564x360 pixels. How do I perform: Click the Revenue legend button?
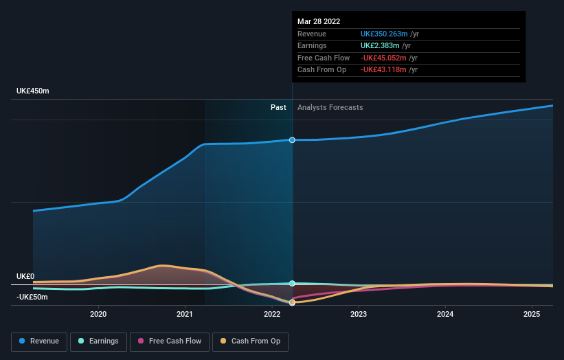[39, 341]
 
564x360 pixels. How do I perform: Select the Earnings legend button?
[98, 341]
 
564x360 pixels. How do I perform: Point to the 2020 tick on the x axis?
[98, 314]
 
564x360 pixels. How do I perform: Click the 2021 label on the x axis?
[185, 314]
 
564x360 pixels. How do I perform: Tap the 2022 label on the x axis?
[271, 314]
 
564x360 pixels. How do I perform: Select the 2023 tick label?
[358, 314]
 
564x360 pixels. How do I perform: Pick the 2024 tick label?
[444, 314]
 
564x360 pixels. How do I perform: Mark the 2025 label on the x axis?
[531, 314]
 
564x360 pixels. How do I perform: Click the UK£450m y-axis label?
[33, 91]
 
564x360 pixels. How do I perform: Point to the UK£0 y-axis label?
[25, 276]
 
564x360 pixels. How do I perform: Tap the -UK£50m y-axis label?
[33, 297]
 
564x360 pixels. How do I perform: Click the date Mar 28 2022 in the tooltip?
[319, 21]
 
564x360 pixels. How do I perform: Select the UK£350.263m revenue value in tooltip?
[384, 34]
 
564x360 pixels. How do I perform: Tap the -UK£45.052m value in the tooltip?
[384, 58]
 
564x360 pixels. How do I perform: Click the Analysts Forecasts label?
[330, 107]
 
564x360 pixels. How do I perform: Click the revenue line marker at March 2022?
[292, 140]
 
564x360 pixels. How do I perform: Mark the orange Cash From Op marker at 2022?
[292, 302]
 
